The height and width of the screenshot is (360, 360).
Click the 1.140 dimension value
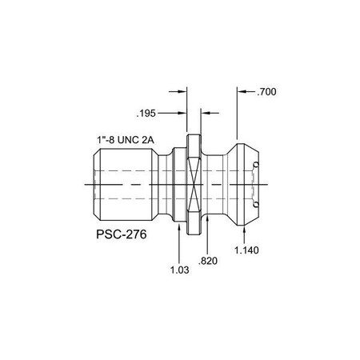click(247, 250)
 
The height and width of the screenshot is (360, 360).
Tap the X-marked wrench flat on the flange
click(192, 185)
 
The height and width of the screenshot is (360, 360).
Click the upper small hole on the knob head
click(255, 166)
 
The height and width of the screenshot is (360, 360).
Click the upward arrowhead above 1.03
click(178, 222)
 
